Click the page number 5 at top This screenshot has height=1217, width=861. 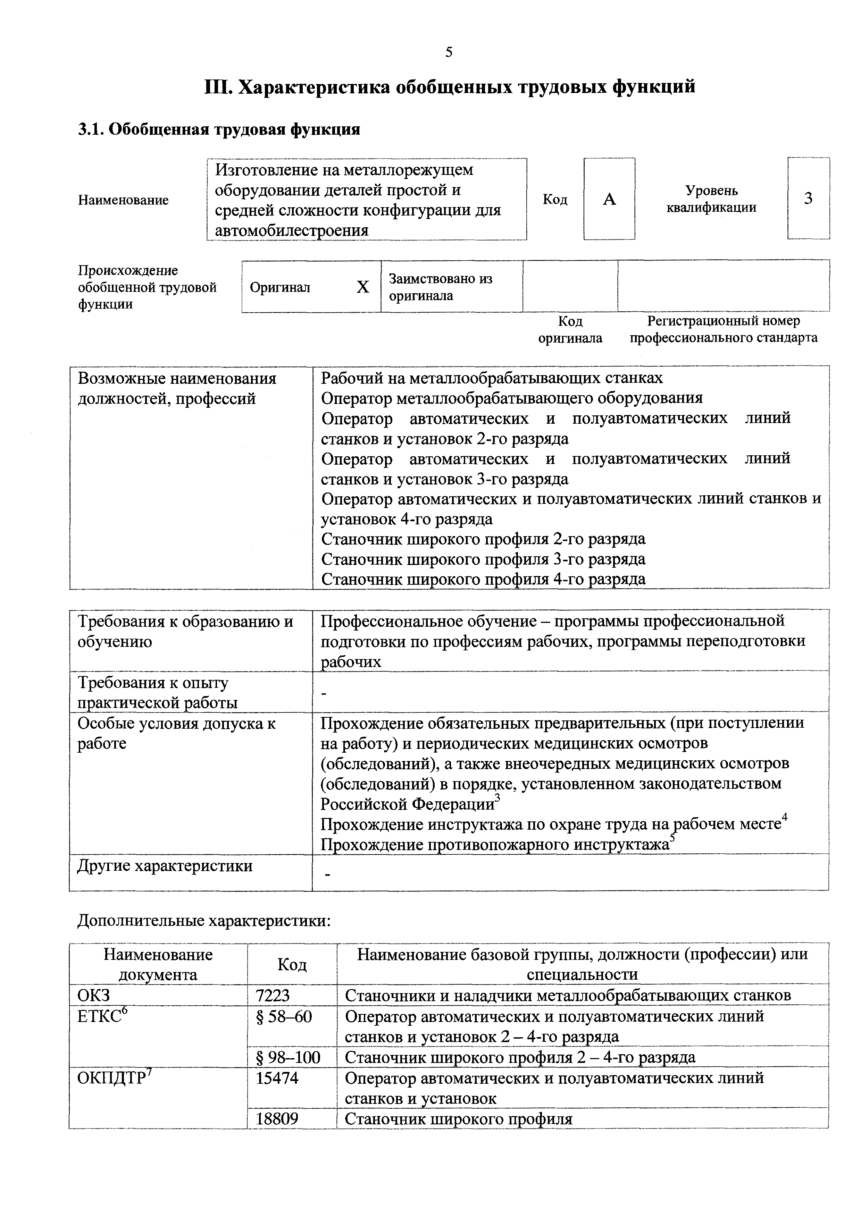[x=449, y=52]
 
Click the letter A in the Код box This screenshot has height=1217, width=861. [x=610, y=199]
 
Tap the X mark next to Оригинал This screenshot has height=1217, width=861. [x=363, y=287]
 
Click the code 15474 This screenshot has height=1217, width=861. [x=277, y=1078]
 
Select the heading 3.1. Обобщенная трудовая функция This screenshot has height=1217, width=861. [x=219, y=129]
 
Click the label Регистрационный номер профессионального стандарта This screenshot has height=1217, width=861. [x=723, y=329]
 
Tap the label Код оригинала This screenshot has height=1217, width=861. [x=570, y=329]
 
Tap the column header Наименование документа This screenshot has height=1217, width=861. [x=158, y=964]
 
